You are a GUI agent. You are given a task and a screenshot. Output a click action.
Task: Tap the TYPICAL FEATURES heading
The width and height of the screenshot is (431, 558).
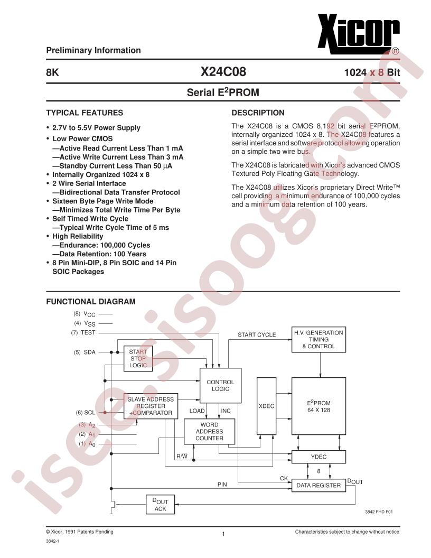click(x=85, y=113)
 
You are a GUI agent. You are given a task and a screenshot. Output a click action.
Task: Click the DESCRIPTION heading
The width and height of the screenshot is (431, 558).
click(x=258, y=113)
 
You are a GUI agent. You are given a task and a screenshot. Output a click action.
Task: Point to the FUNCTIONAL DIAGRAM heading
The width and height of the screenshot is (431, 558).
click(x=91, y=302)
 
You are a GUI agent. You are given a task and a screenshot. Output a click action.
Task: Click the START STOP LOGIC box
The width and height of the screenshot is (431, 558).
click(x=138, y=358)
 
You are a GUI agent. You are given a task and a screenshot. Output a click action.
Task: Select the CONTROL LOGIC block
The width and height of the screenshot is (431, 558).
click(x=220, y=385)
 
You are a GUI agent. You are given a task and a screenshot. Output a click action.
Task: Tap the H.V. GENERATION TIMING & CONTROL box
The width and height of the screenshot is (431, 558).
click(x=318, y=339)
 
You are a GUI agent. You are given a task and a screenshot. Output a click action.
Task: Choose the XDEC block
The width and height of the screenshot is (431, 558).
click(x=266, y=406)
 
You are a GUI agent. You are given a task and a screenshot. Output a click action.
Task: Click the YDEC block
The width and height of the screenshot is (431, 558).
click(x=318, y=457)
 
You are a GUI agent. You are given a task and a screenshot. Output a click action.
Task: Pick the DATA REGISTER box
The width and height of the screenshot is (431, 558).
click(x=318, y=485)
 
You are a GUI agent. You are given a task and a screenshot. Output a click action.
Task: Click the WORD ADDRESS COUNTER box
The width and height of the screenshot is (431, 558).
click(x=210, y=431)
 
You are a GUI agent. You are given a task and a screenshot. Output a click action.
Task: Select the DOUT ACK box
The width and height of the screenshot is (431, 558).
click(x=160, y=505)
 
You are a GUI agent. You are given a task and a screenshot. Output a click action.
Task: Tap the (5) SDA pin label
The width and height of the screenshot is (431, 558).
click(x=85, y=352)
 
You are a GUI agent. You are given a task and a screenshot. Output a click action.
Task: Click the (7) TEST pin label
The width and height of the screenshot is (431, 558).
click(x=83, y=332)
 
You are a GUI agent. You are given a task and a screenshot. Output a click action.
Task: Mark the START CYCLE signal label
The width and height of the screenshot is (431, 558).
click(x=257, y=334)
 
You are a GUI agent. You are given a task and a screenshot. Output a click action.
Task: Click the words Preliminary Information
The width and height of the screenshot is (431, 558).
click(x=93, y=50)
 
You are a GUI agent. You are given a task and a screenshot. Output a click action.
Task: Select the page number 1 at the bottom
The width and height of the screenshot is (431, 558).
click(x=224, y=535)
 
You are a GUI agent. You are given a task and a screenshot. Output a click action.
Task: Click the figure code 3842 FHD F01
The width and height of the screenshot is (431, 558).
click(x=379, y=512)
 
